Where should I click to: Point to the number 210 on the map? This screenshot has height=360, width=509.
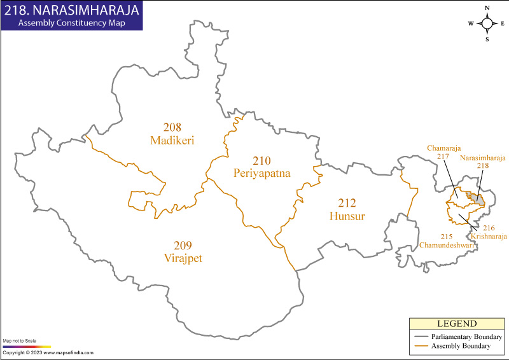click(x=261, y=160)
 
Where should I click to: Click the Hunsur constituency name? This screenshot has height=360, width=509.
click(x=347, y=216)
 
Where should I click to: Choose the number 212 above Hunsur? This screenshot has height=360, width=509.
click(x=347, y=204)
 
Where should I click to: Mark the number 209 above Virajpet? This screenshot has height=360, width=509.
click(x=182, y=246)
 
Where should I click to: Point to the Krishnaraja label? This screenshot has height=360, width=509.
click(x=489, y=235)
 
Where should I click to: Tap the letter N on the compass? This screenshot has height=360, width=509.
click(x=487, y=8)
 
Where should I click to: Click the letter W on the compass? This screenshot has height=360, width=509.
click(x=471, y=24)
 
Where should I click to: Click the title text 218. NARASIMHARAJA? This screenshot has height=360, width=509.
click(x=71, y=10)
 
